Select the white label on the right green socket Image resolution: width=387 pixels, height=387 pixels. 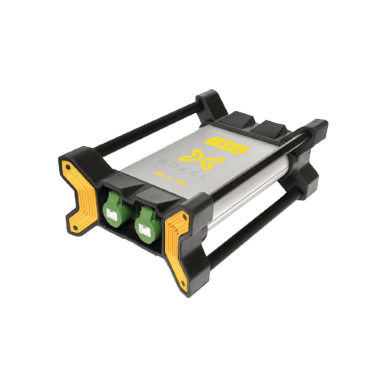(x=144, y=229)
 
